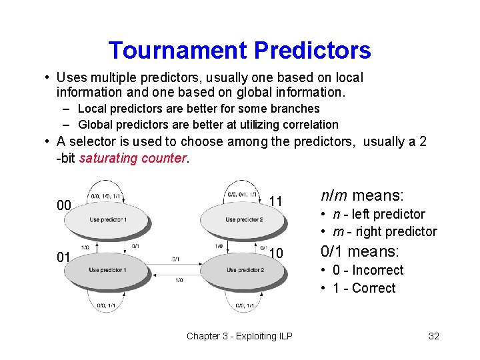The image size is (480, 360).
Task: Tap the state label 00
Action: [x=63, y=205]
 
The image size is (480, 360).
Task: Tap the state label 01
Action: [x=63, y=257]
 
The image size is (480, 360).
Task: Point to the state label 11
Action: [x=277, y=201]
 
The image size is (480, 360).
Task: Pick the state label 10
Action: [x=277, y=253]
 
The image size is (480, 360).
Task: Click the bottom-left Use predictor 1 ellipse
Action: [x=107, y=270]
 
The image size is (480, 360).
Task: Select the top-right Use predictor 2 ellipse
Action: [x=244, y=219]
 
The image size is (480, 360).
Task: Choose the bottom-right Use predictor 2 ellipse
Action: [x=244, y=270]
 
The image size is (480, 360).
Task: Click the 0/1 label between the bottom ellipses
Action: [x=176, y=259]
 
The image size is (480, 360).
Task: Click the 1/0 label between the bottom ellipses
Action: [x=179, y=281]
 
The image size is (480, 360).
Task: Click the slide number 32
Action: [x=433, y=336]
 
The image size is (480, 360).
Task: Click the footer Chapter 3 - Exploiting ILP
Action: [x=239, y=336]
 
